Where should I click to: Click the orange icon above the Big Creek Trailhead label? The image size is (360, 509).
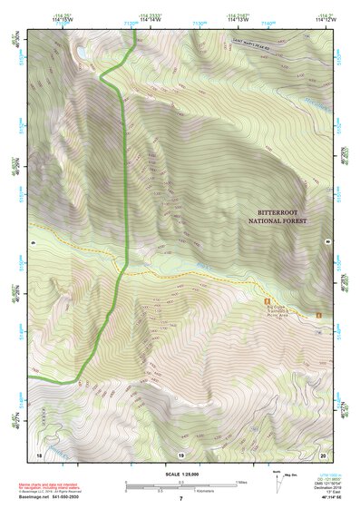point(267,299)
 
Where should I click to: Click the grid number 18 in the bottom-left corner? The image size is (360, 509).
point(39,454)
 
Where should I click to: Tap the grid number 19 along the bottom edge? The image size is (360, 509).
point(180,454)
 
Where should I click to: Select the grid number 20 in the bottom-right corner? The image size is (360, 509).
point(323,454)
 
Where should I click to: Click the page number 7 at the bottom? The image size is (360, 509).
point(180,499)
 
